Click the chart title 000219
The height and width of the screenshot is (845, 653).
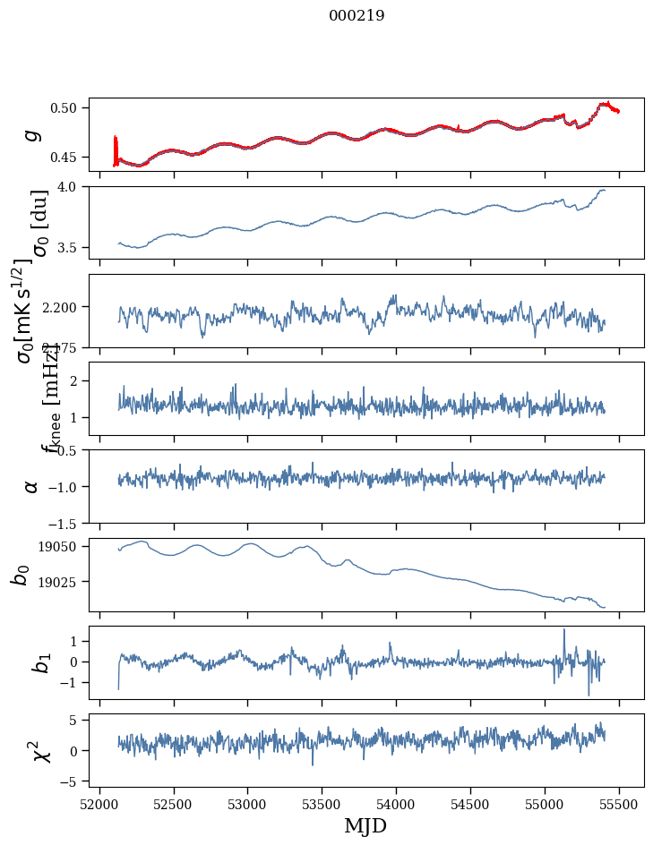(x=357, y=16)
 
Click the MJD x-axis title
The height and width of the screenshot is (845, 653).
(x=365, y=826)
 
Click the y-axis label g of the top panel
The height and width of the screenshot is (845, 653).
(x=32, y=134)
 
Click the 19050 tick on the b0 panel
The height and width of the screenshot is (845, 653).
(x=61, y=547)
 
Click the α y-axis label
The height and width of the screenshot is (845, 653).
(x=31, y=486)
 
